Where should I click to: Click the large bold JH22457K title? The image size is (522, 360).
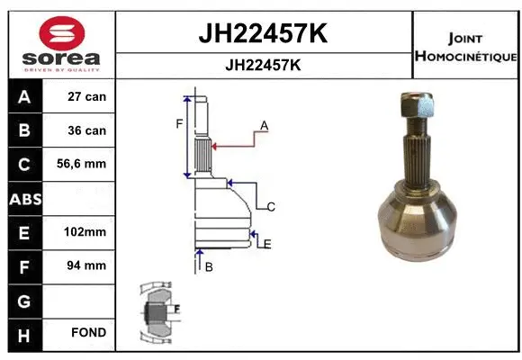[x=263, y=34]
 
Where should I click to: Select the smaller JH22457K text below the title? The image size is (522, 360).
[x=263, y=66]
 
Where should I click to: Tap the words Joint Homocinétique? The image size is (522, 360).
[x=465, y=48]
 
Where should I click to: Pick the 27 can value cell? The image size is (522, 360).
[x=87, y=97]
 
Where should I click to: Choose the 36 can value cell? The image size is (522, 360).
[x=87, y=130]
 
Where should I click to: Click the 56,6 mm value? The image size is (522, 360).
[x=87, y=165]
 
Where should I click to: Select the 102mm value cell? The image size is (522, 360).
[x=87, y=232]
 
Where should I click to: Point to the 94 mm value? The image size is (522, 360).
[x=87, y=265]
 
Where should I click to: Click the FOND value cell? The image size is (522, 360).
[x=87, y=333]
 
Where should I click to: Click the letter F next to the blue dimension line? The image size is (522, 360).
[x=178, y=123]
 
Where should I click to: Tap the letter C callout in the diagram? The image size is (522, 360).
[x=270, y=207]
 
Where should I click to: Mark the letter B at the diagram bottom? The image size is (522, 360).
[x=208, y=267]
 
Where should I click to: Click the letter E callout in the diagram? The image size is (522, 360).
[x=267, y=243]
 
